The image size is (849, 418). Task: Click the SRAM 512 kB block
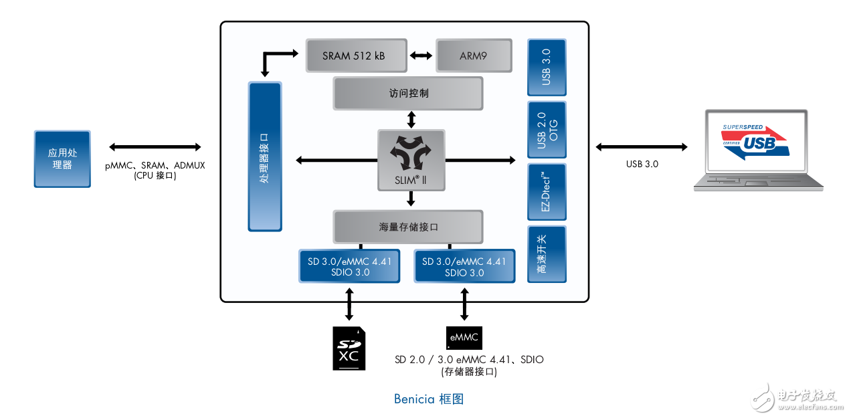pos(355,56)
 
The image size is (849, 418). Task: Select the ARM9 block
pos(474,56)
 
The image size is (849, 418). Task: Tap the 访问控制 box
pos(407,93)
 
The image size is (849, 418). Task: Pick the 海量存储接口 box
pos(407,227)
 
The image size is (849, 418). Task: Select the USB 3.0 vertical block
pos(546,68)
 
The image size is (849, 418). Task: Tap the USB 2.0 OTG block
pos(546,130)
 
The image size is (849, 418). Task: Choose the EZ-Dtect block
pos(546,191)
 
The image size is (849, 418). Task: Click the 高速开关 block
pos(546,254)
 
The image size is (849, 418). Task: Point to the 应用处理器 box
pos(62,159)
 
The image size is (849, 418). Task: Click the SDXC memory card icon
pos(349,348)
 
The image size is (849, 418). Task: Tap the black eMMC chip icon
pos(464,337)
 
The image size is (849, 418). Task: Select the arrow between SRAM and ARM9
pos(421,56)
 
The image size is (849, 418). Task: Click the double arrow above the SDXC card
pos(349,304)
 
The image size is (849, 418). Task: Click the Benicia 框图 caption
pos(429,399)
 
